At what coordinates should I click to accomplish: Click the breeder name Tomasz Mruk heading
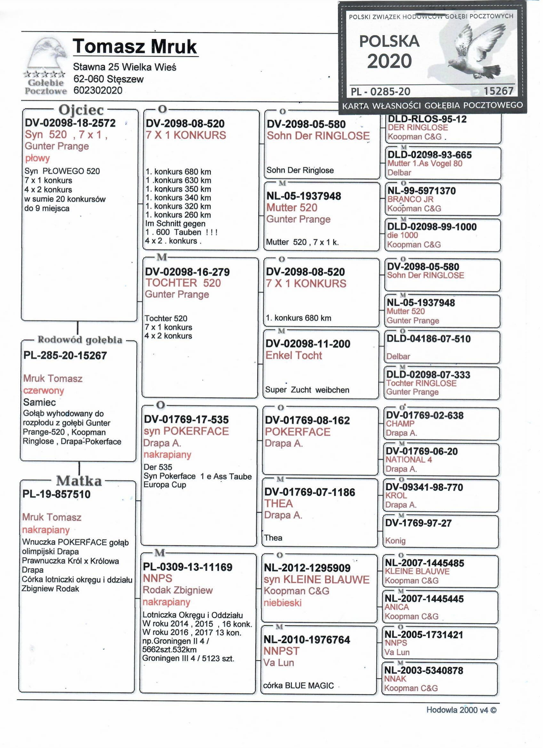[x=135, y=46]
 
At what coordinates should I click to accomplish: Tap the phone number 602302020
[x=98, y=91]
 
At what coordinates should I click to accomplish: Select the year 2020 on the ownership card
[x=389, y=61]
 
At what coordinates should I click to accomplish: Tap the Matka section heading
[x=79, y=481]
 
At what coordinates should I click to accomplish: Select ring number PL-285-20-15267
[x=65, y=356]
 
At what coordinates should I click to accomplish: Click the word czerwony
[x=43, y=390]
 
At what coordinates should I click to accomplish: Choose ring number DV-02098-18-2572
[x=70, y=123]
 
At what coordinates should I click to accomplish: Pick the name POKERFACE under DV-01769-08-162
[x=297, y=432]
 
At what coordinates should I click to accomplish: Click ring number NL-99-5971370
[x=421, y=191]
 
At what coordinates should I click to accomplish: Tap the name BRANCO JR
[x=410, y=199]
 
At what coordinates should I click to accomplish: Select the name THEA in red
[x=278, y=504]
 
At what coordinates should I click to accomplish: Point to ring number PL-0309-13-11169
[x=188, y=567]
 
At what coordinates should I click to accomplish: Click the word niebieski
[x=283, y=603]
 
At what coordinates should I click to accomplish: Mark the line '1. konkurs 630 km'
[x=178, y=180]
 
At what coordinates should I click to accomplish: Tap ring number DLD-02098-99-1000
[x=432, y=227]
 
